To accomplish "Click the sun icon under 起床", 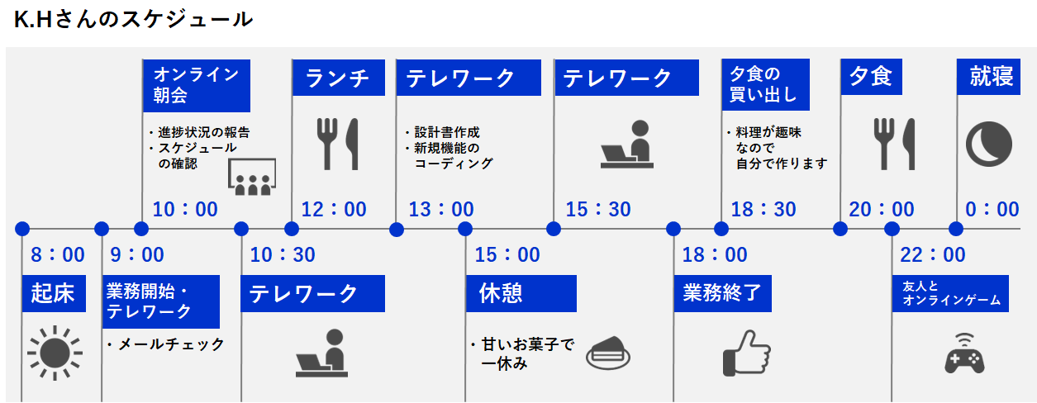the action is click(55, 353).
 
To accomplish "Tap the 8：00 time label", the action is click(58, 255).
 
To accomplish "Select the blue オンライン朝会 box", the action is click(197, 86).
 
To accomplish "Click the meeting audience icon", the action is click(252, 177).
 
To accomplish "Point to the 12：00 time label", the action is click(334, 210).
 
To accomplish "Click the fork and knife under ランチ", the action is click(338, 144).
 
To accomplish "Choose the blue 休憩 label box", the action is click(521, 293).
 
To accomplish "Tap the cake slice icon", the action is click(608, 353).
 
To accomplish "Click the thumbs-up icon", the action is click(747, 353).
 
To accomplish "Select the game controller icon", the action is click(964, 353).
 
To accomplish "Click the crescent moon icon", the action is click(989, 144).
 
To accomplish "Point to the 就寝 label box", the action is click(988, 77).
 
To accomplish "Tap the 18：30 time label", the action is click(763, 210).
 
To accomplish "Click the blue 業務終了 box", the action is click(723, 293).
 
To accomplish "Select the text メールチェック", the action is click(171, 344).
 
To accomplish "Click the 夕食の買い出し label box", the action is click(766, 85).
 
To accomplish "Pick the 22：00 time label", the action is click(932, 255).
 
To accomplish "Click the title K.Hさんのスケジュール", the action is click(133, 20).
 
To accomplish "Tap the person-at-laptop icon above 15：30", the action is click(627, 144).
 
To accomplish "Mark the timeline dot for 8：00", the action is click(22, 229).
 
